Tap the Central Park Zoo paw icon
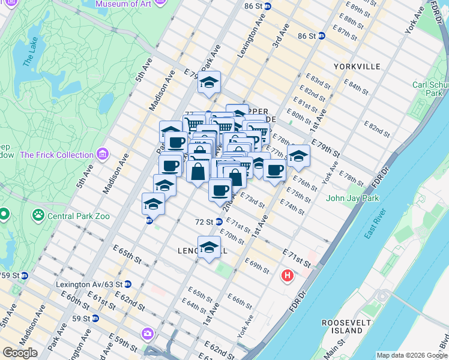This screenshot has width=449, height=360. (38, 214)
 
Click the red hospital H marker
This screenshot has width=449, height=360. (288, 277)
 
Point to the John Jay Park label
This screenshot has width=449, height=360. (353, 198)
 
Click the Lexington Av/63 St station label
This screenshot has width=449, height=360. (89, 284)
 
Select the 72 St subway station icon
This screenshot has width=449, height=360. (220, 222)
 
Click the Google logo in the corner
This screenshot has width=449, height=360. (20, 353)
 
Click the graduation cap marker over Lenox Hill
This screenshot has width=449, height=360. (209, 247)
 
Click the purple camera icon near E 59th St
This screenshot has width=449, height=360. (147, 333)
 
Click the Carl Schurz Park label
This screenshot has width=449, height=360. (430, 89)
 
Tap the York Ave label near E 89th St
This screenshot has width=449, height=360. (415, 23)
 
